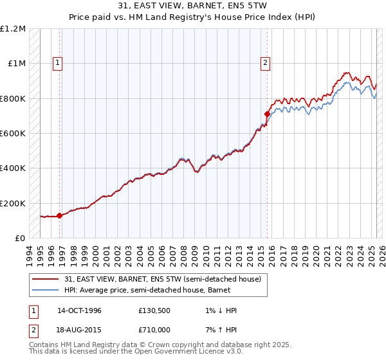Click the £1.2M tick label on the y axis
pos(13,29)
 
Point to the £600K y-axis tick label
pos(13,134)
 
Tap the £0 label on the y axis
pos(19,238)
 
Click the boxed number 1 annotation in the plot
pos(58,63)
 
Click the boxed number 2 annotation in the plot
pos(265,63)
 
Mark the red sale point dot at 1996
pos(60,215)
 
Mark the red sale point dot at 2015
pos(267,114)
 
